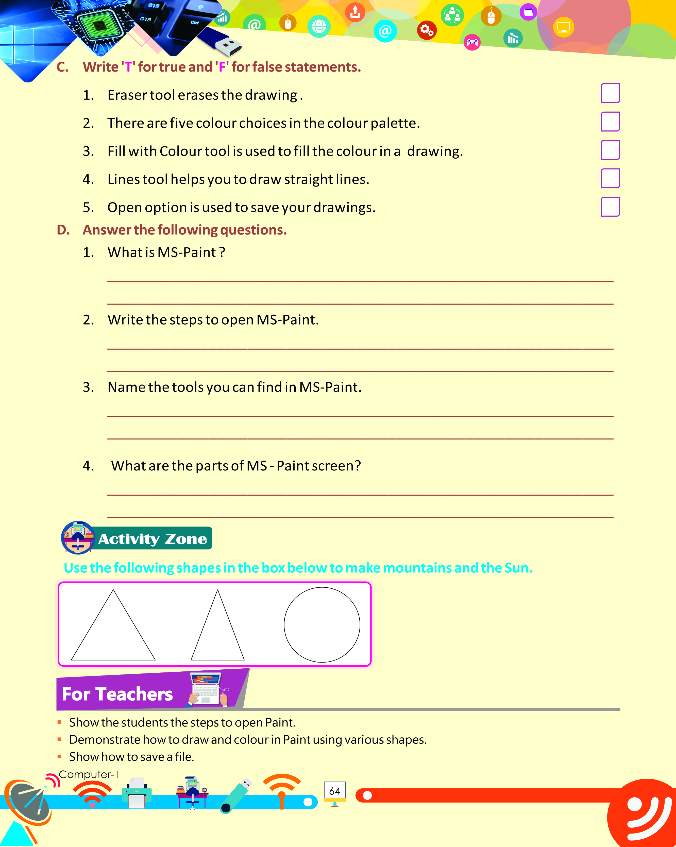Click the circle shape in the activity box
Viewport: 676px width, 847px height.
pyautogui.click(x=322, y=625)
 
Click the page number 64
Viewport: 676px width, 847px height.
pyautogui.click(x=335, y=791)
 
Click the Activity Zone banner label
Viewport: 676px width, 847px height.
pyautogui.click(x=153, y=539)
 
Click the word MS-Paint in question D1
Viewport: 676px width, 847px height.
pyautogui.click(x=187, y=252)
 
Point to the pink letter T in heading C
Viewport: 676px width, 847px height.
pyautogui.click(x=128, y=67)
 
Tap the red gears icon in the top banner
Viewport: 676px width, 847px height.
pyautogui.click(x=426, y=30)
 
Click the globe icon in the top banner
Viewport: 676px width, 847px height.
pyautogui.click(x=318, y=27)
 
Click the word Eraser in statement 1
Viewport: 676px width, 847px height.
pyautogui.click(x=127, y=95)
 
